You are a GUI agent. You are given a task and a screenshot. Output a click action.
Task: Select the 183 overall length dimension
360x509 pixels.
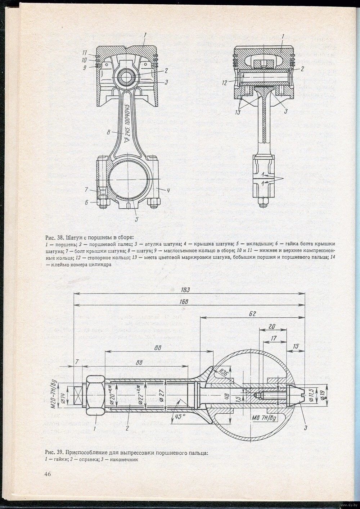pos(186,290)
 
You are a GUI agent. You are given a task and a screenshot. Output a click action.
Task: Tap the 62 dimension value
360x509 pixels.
pos(252,314)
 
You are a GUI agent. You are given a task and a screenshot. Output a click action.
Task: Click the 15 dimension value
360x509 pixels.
pos(296,346)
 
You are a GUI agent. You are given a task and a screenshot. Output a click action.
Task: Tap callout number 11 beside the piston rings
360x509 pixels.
pos(84,53)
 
